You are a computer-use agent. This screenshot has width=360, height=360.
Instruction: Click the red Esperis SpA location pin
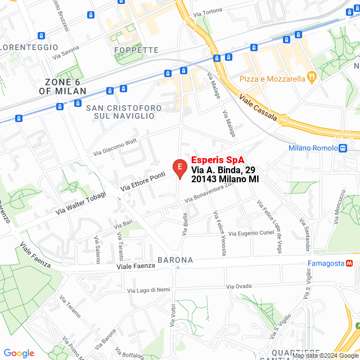click(179, 168)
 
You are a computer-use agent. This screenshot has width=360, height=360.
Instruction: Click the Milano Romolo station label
click(312, 148)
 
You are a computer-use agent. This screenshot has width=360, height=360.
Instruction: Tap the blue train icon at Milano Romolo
click(343, 148)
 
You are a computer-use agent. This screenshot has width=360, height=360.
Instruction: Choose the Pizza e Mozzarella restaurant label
click(272, 78)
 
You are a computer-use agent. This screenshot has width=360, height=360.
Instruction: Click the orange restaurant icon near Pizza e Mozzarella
click(312, 78)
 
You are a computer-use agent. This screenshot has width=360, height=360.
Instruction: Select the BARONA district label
click(175, 260)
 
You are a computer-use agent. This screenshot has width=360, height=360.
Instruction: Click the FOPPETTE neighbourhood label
click(136, 50)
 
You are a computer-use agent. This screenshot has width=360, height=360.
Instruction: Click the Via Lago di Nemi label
click(148, 290)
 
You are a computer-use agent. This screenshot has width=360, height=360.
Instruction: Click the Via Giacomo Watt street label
click(115, 147)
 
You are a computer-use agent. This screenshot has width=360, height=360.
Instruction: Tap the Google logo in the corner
click(19, 353)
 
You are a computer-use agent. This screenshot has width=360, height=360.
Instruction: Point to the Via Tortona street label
click(207, 11)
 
